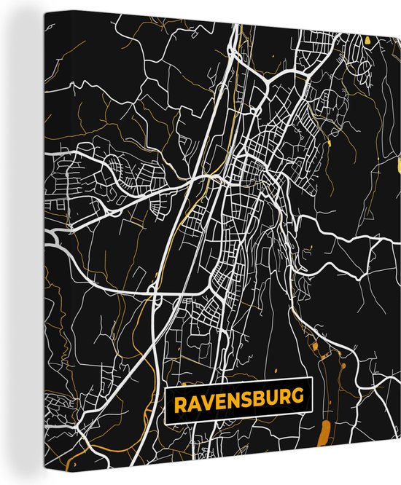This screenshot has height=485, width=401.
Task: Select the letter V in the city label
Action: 201,401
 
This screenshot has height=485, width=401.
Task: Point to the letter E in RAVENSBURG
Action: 214,401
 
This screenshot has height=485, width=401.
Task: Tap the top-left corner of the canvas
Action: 1,1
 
